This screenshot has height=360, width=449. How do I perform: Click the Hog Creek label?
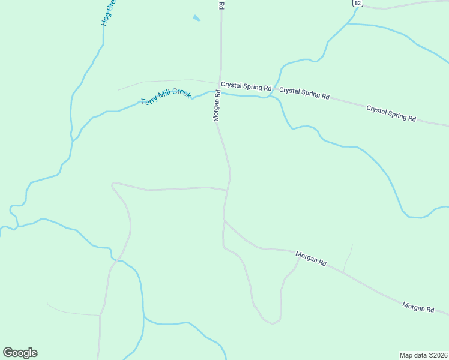click(x=108, y=13)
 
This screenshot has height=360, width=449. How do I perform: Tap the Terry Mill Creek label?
click(x=166, y=97)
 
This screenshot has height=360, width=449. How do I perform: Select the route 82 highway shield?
click(x=358, y=3)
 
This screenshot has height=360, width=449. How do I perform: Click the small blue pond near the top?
click(x=196, y=18)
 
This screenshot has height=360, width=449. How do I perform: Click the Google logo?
click(x=20, y=353)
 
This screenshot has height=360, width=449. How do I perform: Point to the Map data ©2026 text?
click(x=423, y=355)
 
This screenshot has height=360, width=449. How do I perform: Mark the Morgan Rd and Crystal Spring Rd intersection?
click(x=220, y=84)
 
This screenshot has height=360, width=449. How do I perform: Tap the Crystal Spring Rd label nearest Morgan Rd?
click(x=246, y=86)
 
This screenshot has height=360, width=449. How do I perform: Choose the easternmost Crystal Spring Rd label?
click(x=391, y=114)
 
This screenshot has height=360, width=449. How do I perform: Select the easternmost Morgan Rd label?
click(x=418, y=307)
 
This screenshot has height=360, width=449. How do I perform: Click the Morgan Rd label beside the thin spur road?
click(x=311, y=259)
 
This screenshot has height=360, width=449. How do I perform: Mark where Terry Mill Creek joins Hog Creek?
click(x=73, y=140)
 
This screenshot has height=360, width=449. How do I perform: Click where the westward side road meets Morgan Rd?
click(x=228, y=190)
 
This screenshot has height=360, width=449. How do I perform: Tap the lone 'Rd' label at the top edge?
click(x=221, y=5)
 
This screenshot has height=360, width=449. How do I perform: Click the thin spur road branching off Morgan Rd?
click(x=348, y=258)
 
